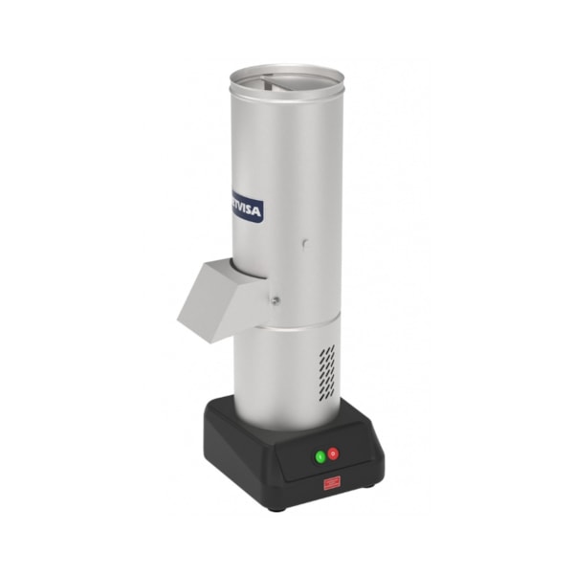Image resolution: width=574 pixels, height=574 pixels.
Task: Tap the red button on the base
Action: coord(333,453)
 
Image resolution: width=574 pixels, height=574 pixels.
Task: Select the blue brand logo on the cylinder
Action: coord(247,210)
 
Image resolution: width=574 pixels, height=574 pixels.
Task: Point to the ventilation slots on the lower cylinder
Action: coord(327,371)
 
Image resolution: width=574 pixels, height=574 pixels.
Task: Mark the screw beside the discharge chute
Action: coord(275,299)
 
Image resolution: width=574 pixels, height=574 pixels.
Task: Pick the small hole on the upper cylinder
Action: coord(304,243)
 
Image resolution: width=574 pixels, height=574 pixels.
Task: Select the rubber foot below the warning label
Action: coord(277,507)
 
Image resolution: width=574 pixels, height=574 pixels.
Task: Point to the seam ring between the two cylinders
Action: coord(287,329)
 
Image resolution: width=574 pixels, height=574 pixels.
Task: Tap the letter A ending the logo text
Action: coord(258,212)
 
